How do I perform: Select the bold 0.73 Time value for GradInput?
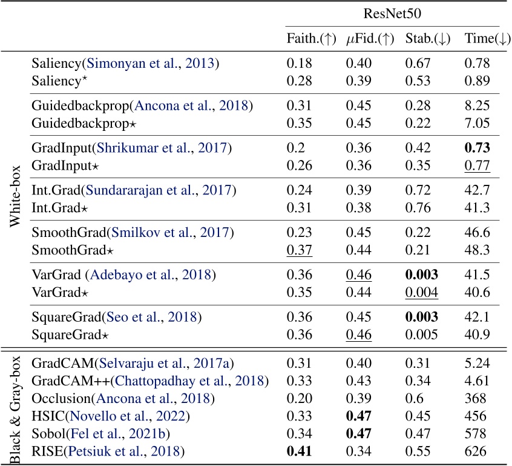[476, 148]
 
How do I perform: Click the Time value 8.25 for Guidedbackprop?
[476, 106]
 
